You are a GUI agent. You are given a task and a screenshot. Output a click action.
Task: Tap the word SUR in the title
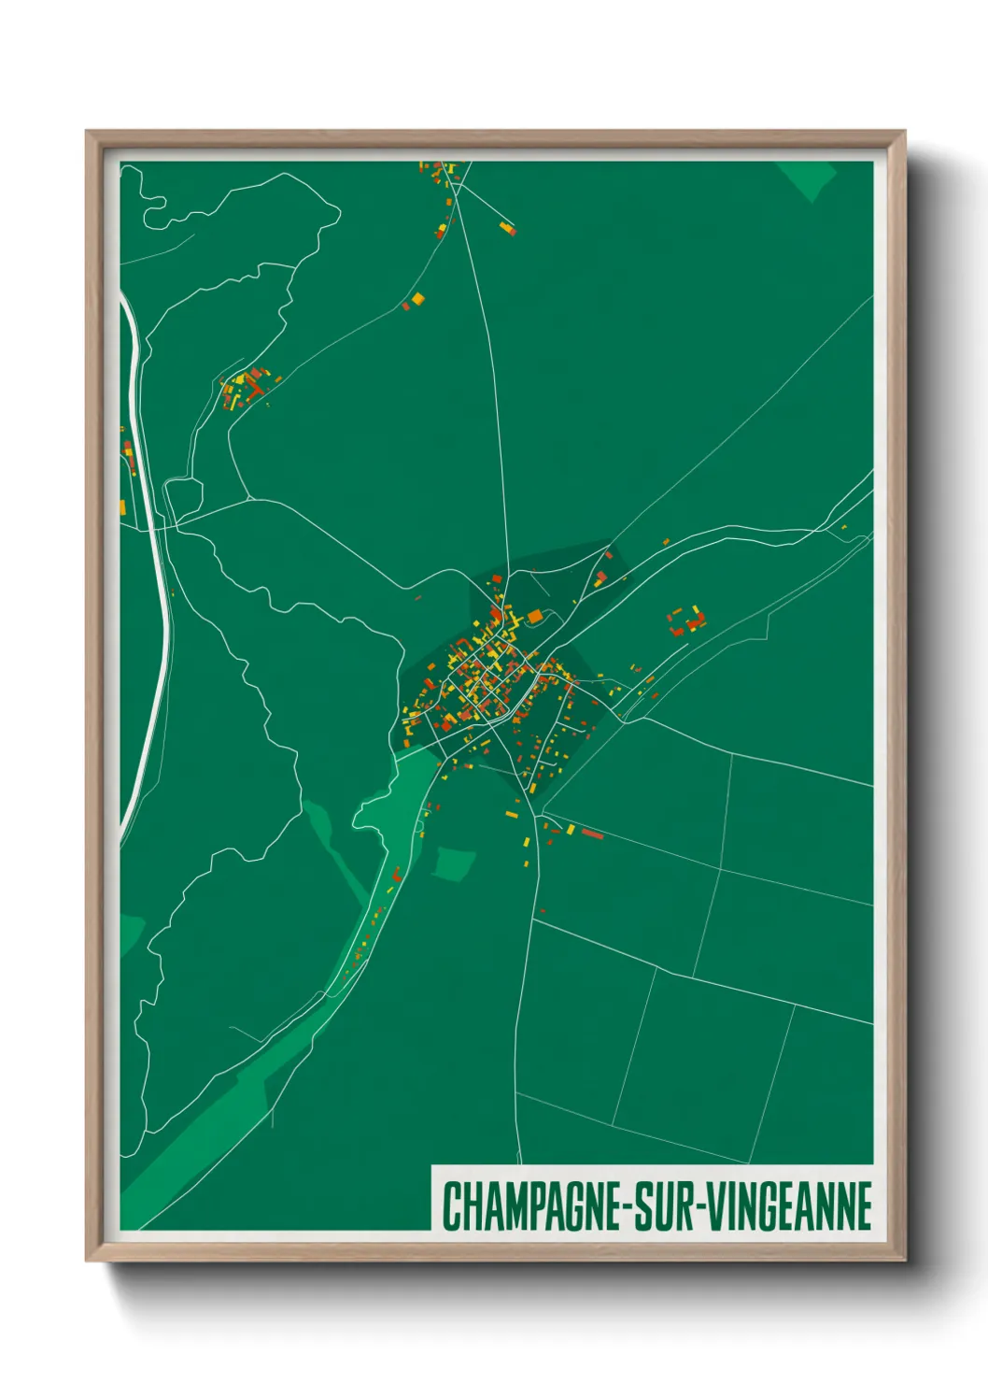[x=662, y=1206]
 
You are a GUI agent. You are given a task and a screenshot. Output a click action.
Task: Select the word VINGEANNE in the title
[x=789, y=1206]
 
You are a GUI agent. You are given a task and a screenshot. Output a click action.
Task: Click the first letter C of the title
[x=450, y=1206]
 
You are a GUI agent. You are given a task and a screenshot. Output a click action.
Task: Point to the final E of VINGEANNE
[x=863, y=1206]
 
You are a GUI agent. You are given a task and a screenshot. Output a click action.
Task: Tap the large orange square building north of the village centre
[x=535, y=616]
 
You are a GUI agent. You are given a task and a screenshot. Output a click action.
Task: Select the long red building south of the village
[x=592, y=833]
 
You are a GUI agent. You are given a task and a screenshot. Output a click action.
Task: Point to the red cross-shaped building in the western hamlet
[x=250, y=385]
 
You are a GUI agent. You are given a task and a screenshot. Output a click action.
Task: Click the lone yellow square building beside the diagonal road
[x=418, y=298]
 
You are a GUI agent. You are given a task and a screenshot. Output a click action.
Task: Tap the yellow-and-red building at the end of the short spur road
[x=507, y=227]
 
